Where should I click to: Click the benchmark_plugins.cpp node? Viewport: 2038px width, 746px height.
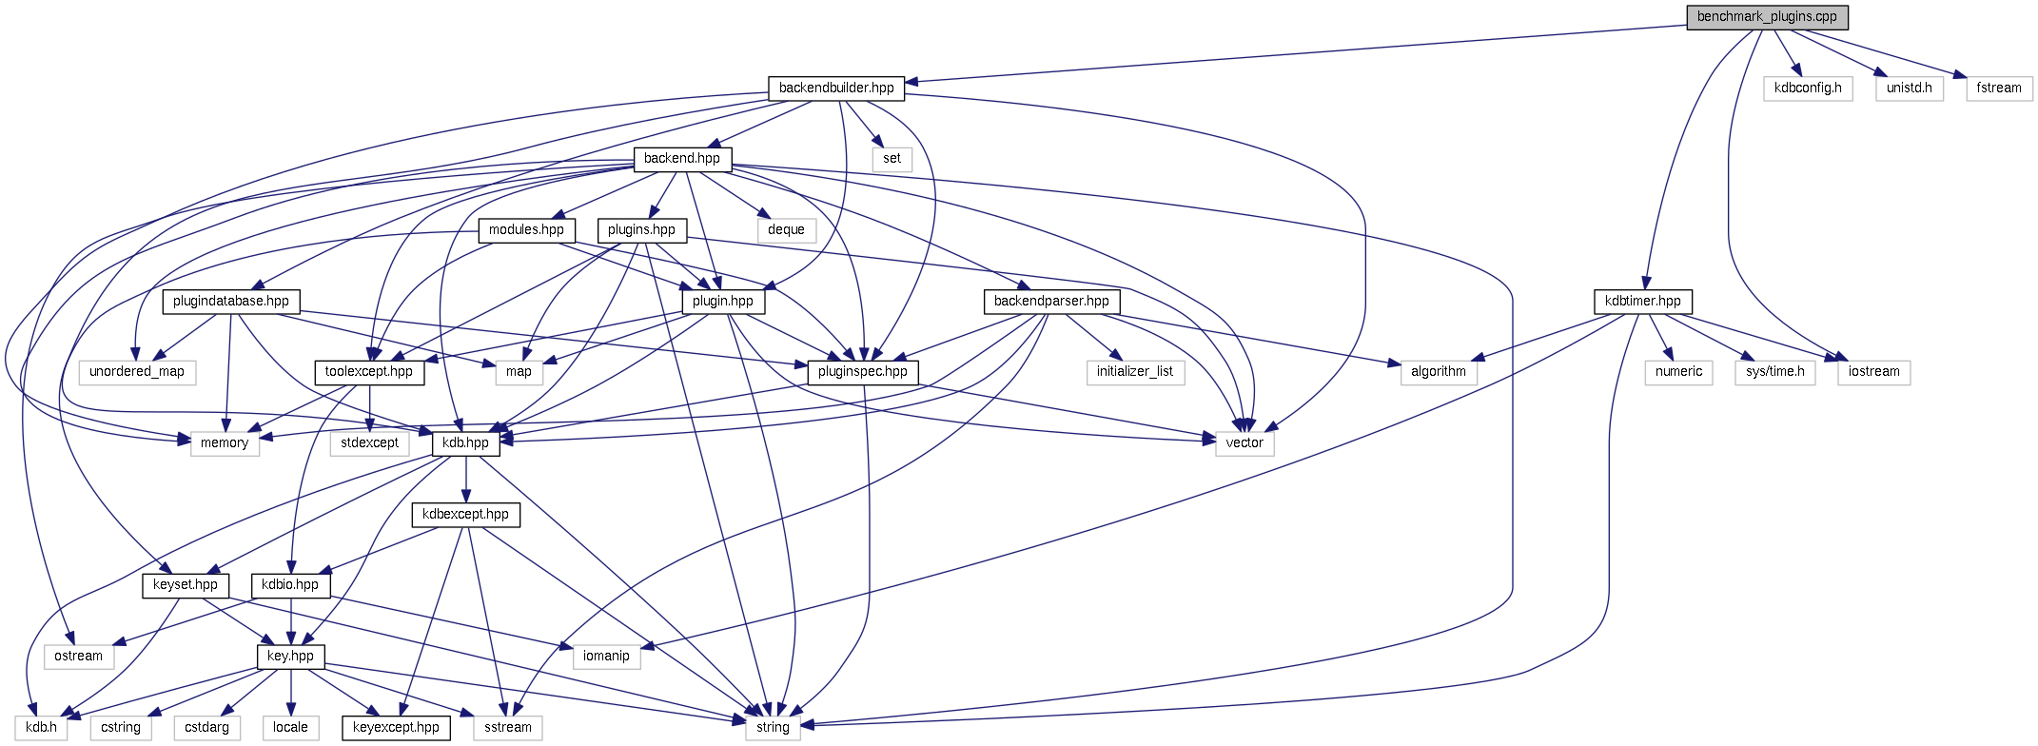[x=1767, y=17]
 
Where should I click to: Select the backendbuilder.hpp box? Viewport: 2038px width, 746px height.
[x=836, y=88]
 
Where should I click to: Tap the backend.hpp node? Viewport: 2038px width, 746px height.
[x=682, y=159]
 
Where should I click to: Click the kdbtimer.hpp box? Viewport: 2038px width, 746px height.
[x=1643, y=302]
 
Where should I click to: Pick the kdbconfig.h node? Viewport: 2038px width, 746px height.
[x=1808, y=88]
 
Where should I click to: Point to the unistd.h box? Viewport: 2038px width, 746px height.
[x=1910, y=88]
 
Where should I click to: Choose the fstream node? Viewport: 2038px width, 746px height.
[x=1999, y=88]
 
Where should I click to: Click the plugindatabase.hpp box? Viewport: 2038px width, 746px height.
[x=231, y=302]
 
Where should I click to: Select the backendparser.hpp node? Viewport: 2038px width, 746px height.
[x=1051, y=302]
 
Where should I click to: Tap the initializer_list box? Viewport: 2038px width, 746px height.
[x=1135, y=372]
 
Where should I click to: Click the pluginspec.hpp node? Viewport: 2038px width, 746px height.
[x=863, y=372]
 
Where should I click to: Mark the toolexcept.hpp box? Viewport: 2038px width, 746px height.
[x=369, y=372]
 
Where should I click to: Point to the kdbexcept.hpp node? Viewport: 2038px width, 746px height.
[x=466, y=515]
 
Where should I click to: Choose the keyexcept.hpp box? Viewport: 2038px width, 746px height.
[x=396, y=728]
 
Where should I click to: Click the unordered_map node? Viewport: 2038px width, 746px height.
[x=137, y=372]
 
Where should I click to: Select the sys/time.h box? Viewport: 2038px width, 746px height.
[x=1775, y=372]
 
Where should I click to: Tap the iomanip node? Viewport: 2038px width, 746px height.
[x=606, y=657]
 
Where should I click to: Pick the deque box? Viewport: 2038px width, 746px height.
[x=786, y=230]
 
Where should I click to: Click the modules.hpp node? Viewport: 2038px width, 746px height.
[x=526, y=230]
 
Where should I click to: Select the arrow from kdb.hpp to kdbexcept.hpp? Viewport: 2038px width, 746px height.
[x=466, y=480]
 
